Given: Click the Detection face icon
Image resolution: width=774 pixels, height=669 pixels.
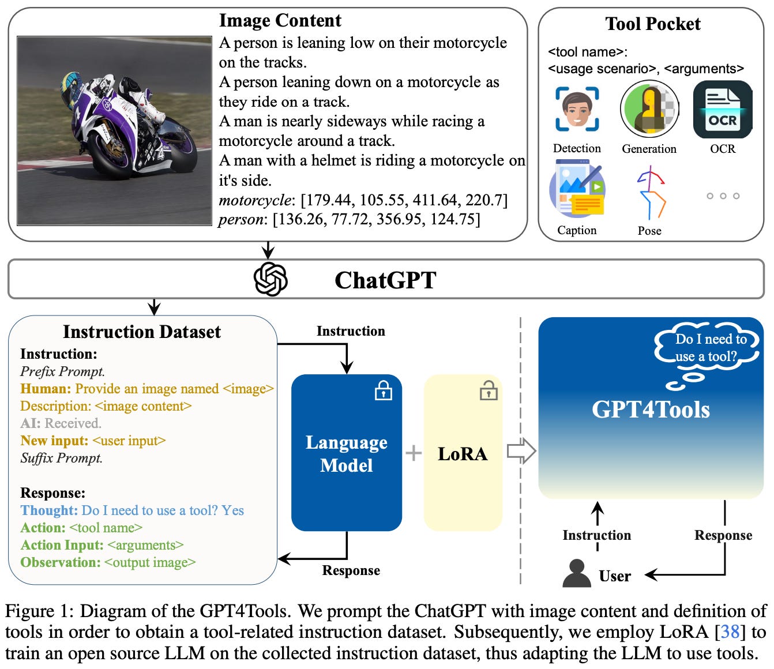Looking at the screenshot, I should pyautogui.click(x=577, y=109).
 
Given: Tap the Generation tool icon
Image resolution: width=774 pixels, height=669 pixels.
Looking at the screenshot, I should pyautogui.click(x=649, y=109).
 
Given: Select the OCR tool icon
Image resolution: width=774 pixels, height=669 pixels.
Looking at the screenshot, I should pyautogui.click(x=722, y=109).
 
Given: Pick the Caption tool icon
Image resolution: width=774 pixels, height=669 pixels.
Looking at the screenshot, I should pyautogui.click(x=576, y=190).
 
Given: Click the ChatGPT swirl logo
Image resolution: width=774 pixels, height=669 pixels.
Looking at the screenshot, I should pyautogui.click(x=270, y=279).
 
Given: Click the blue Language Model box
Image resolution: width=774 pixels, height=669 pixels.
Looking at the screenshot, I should pyautogui.click(x=346, y=453).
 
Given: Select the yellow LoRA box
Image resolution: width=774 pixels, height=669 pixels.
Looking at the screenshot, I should pyautogui.click(x=463, y=453).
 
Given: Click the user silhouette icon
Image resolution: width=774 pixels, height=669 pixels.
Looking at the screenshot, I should pyautogui.click(x=576, y=574).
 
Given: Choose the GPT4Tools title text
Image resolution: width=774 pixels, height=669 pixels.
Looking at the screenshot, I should pyautogui.click(x=651, y=409).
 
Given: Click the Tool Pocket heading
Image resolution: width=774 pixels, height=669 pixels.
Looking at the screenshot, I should pyautogui.click(x=652, y=24).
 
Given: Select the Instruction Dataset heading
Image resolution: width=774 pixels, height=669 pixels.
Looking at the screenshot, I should pyautogui.click(x=142, y=332).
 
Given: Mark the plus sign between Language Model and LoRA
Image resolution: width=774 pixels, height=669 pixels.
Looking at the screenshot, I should pyautogui.click(x=413, y=453).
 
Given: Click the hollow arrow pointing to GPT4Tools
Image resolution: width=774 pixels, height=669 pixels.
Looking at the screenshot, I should pyautogui.click(x=521, y=451).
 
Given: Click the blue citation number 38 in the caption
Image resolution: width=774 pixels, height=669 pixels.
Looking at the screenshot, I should pyautogui.click(x=730, y=632).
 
